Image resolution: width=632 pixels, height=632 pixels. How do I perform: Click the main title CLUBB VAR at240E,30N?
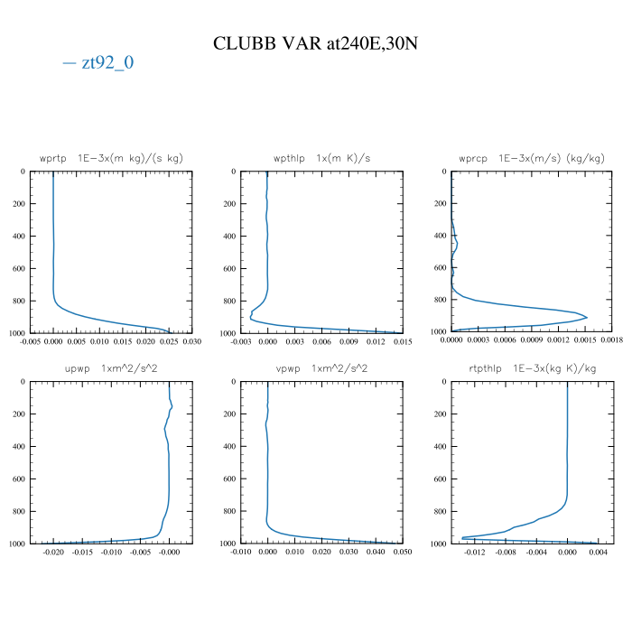pos(315,42)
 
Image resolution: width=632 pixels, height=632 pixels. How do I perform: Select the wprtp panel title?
pos(111,158)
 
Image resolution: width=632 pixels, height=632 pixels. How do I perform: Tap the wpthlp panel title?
pos(322,158)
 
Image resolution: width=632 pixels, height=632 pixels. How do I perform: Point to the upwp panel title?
pos(111,368)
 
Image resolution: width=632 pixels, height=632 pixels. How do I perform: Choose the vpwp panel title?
pos(322,368)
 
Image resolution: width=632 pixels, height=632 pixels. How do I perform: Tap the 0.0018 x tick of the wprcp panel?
pos(613,342)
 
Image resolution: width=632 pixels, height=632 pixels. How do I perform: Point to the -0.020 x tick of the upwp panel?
pos(53,553)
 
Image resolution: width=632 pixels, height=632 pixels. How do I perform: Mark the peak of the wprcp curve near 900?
pos(588,317)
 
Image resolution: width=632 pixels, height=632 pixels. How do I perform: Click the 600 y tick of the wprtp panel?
pos(18,269)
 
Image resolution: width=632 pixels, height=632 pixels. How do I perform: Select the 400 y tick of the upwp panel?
pos(18,447)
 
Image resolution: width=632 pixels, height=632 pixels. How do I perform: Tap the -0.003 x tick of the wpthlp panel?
pos(241,342)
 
